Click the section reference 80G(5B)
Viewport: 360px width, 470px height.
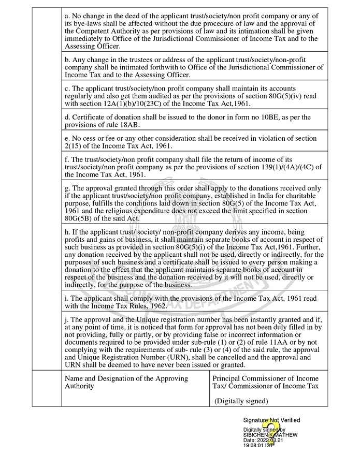pyautogui.click(x=83, y=219)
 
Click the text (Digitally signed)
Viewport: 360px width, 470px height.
pyautogui.click(x=241, y=401)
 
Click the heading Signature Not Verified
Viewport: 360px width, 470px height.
pyautogui.click(x=271, y=420)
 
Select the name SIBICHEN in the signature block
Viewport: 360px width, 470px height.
pyautogui.click(x=255, y=435)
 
